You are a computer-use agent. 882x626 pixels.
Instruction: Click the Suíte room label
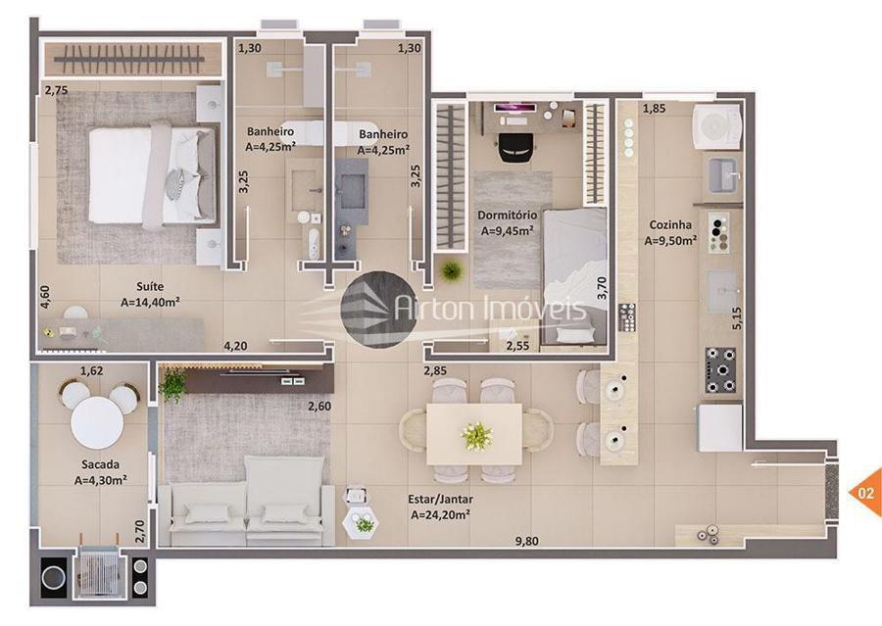150,287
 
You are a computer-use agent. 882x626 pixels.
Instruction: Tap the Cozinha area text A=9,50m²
670,241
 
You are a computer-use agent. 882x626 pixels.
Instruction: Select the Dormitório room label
507,215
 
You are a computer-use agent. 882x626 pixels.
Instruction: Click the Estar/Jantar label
440,499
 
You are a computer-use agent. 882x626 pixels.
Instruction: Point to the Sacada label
100,464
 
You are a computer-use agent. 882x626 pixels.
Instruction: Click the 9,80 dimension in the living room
527,542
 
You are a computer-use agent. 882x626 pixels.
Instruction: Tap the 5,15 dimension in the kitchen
737,317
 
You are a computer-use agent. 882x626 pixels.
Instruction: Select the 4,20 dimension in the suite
235,346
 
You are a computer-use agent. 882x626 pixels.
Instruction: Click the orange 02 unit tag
865,493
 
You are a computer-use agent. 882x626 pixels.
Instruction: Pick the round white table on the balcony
97,422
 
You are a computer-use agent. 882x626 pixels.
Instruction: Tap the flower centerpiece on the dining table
476,436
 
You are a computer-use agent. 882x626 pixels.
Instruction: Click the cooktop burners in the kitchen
720,370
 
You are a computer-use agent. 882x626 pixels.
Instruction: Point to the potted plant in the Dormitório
451,270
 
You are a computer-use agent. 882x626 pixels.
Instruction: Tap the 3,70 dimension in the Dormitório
602,287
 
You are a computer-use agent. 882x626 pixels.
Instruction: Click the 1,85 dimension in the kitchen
655,109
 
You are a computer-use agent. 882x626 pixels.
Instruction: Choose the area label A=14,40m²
150,303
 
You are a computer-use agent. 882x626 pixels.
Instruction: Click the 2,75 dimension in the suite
57,90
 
